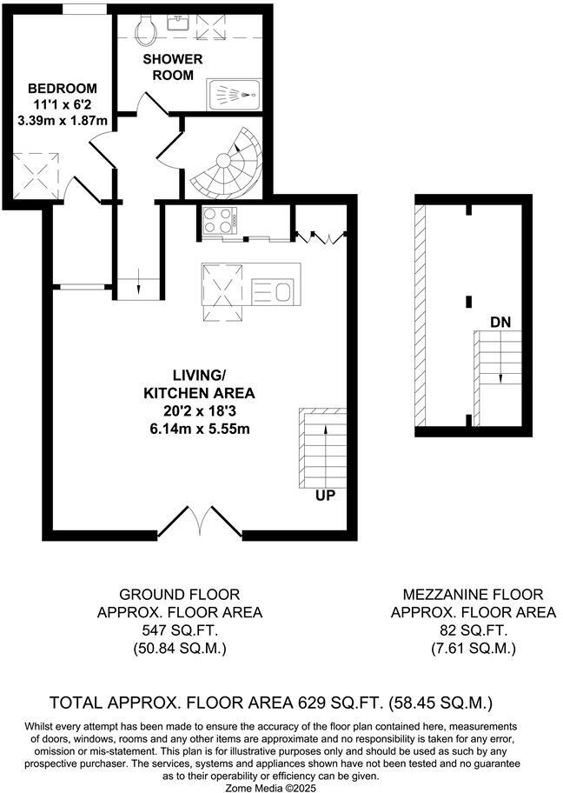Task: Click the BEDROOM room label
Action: coord(62,89)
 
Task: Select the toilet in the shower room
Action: coord(148,31)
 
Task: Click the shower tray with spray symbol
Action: coord(235,95)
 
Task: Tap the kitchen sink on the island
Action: coord(275,290)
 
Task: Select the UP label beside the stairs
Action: coord(326,495)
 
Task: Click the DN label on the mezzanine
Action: coord(500,323)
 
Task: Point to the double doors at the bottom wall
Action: coord(199,522)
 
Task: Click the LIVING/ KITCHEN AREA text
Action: coord(186,384)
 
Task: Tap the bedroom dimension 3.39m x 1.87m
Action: coord(62,121)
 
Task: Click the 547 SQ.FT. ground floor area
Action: coord(179,630)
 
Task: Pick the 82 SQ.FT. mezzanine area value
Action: coord(473,630)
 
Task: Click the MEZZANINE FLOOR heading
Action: coord(473,595)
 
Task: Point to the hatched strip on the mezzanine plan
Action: coord(421,317)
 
